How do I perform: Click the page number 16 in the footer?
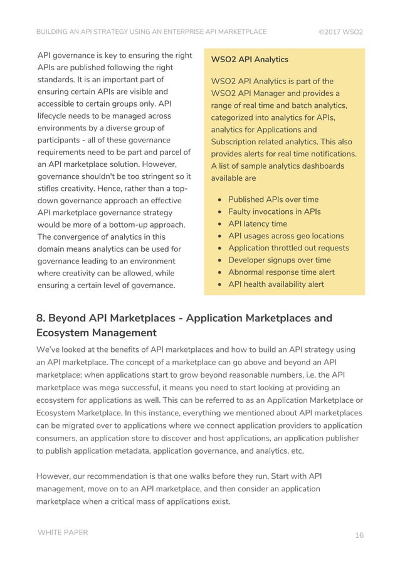tap(359, 535)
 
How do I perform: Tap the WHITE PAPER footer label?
tap(63, 533)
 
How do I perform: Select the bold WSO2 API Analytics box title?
tap(250, 60)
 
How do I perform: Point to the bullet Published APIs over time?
tap(273, 200)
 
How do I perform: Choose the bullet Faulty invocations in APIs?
tap(274, 211)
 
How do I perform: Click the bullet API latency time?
tap(258, 223)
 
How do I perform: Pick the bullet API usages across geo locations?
tap(286, 236)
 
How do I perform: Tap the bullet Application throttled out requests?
tap(288, 248)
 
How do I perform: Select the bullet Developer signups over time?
tap(280, 260)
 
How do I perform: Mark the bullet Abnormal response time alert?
tap(282, 272)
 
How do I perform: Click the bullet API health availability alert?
tap(276, 284)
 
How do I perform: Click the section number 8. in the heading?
tap(41, 318)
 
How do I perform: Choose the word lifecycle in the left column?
tap(57, 116)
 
